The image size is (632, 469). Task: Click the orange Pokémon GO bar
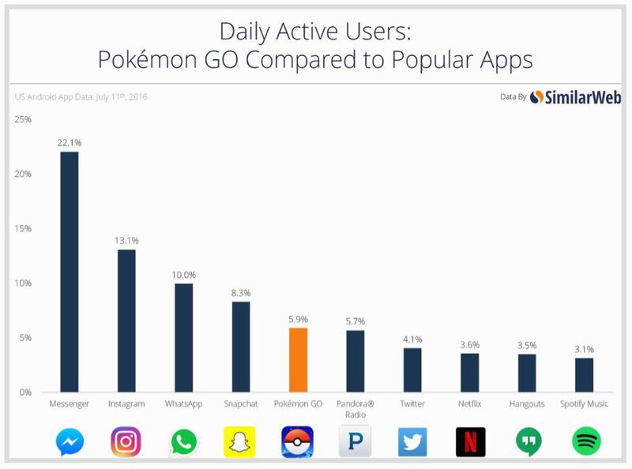[x=298, y=360]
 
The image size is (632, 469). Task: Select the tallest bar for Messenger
[x=70, y=272]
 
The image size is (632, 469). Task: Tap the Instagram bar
[x=126, y=321]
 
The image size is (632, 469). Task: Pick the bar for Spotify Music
[x=584, y=375]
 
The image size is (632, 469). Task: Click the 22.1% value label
[x=70, y=142]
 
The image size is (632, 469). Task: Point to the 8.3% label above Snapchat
[x=241, y=292]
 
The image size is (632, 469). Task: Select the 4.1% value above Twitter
[x=412, y=339]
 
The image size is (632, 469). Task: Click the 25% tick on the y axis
[x=22, y=119]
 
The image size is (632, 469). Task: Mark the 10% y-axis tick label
[x=22, y=283]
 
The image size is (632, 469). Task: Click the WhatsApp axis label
[x=183, y=404]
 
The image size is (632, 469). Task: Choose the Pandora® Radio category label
[x=355, y=409]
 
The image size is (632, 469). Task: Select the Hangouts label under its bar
[x=527, y=404]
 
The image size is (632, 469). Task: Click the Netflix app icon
[x=470, y=441]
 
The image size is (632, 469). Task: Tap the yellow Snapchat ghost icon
[x=240, y=441]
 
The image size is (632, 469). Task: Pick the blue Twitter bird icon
[x=412, y=441]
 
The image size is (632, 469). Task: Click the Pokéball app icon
[x=298, y=441]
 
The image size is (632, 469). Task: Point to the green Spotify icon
[x=585, y=441]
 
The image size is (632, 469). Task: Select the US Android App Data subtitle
[x=81, y=97]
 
